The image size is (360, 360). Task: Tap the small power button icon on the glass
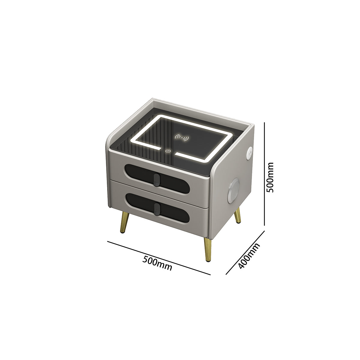coord(168,151)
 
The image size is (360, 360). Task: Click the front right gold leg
coord(207,249)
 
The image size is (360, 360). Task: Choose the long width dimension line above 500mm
coord(159,258)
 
